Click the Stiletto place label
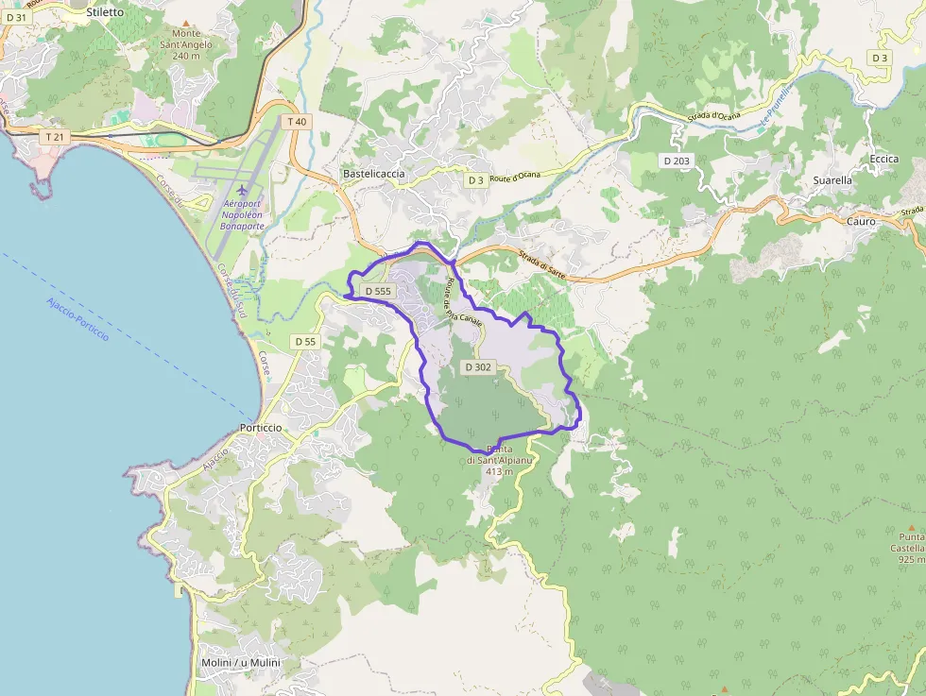105,12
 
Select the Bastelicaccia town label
373,175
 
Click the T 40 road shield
296,121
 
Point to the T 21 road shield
54,137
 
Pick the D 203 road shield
677,161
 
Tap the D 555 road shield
377,291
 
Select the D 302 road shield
478,366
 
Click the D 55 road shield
304,341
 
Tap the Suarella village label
832,179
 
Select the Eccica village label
884,159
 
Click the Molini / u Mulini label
241,663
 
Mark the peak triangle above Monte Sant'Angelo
186,22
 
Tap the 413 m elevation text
499,471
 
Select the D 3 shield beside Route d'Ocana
475,179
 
